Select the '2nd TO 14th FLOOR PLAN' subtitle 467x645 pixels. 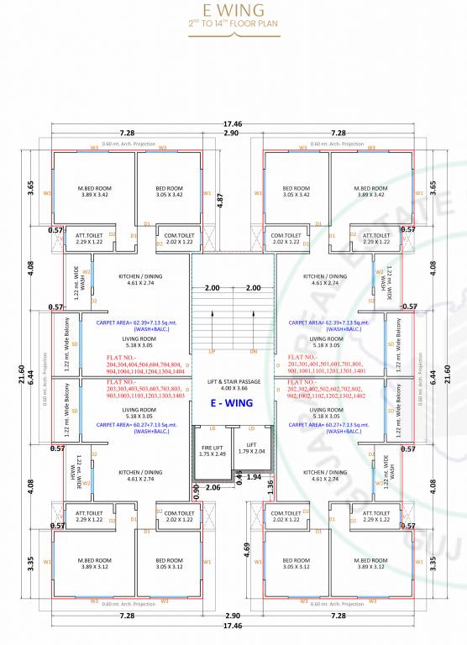coord(233,27)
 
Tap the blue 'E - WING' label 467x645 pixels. coord(233,403)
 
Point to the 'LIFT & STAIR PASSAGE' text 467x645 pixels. coord(233,380)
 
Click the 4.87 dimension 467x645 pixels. coord(220,201)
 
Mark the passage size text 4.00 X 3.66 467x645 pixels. coord(233,387)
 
